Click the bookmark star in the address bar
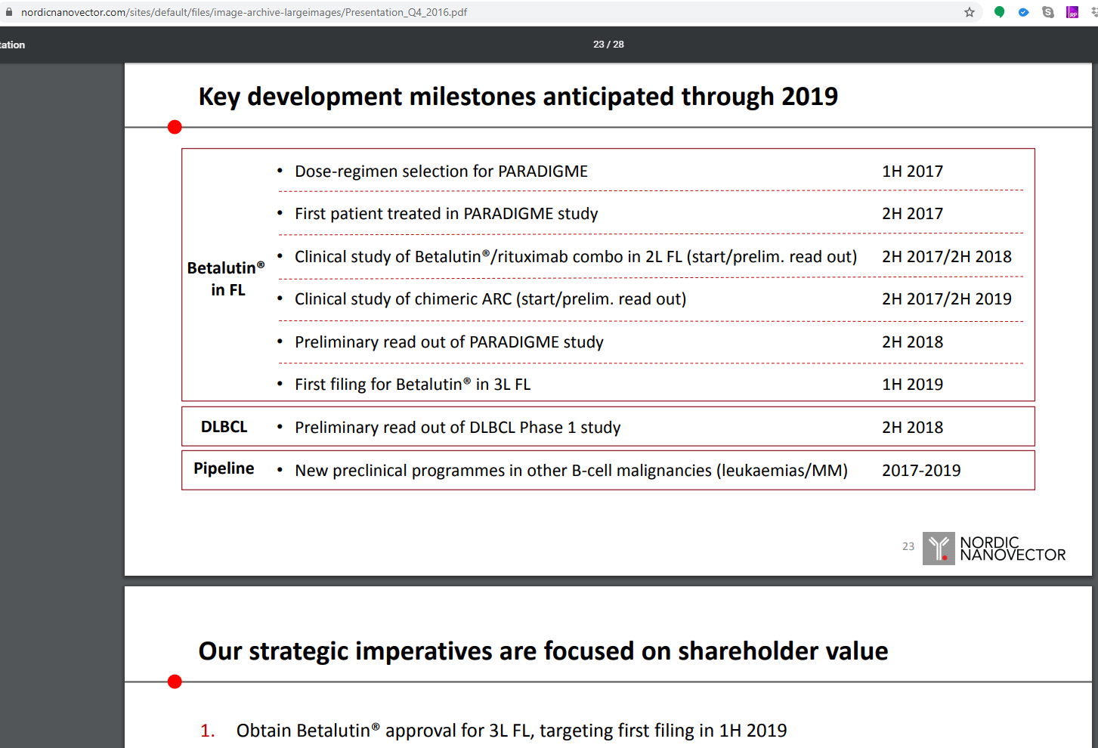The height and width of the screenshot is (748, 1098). pyautogui.click(x=969, y=12)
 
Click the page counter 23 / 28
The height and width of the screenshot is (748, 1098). pyautogui.click(x=608, y=44)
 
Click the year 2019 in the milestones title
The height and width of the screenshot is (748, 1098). pyautogui.click(x=809, y=96)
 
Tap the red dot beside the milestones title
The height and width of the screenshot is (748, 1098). pyautogui.click(x=175, y=127)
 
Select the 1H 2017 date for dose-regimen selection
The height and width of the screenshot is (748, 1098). pyautogui.click(x=912, y=171)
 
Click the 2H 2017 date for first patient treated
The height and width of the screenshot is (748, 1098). pyautogui.click(x=912, y=214)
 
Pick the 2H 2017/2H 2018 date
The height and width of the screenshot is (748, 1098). pyautogui.click(x=947, y=256)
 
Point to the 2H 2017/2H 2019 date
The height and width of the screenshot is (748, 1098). pyautogui.click(x=947, y=299)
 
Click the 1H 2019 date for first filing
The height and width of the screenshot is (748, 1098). pyautogui.click(x=912, y=385)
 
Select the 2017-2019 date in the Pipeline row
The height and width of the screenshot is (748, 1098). pyautogui.click(x=921, y=471)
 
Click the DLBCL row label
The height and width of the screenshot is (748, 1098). pyautogui.click(x=224, y=427)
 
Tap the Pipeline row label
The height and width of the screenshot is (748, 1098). pyautogui.click(x=224, y=468)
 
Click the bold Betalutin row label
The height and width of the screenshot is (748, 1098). pyautogui.click(x=226, y=278)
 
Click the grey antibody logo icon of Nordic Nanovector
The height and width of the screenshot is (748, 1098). pyautogui.click(x=939, y=548)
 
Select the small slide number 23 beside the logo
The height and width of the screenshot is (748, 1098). pyautogui.click(x=908, y=546)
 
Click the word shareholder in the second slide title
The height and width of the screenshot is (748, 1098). pyautogui.click(x=749, y=651)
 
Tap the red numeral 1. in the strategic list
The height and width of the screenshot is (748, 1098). pyautogui.click(x=207, y=731)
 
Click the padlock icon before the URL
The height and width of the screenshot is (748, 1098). pyautogui.click(x=9, y=12)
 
